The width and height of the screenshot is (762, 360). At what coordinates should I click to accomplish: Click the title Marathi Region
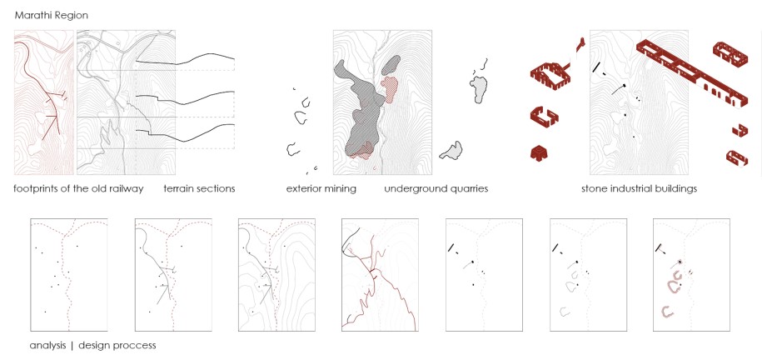51,16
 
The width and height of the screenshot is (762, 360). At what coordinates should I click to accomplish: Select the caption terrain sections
199,189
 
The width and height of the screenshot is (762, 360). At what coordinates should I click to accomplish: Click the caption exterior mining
321,189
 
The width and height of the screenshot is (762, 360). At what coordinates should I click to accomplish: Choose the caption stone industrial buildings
639,189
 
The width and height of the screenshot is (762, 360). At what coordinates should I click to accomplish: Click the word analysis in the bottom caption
47,346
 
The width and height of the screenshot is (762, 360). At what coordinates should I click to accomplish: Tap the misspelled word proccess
135,346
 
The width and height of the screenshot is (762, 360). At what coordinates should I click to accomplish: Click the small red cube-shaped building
540,152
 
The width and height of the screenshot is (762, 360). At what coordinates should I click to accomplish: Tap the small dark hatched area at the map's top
393,65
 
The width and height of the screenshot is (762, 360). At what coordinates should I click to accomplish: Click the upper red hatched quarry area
390,88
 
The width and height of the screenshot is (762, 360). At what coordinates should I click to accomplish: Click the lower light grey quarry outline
451,152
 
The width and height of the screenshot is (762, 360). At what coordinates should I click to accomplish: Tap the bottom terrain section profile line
185,135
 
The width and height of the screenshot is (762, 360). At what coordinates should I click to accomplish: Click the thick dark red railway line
47,87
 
